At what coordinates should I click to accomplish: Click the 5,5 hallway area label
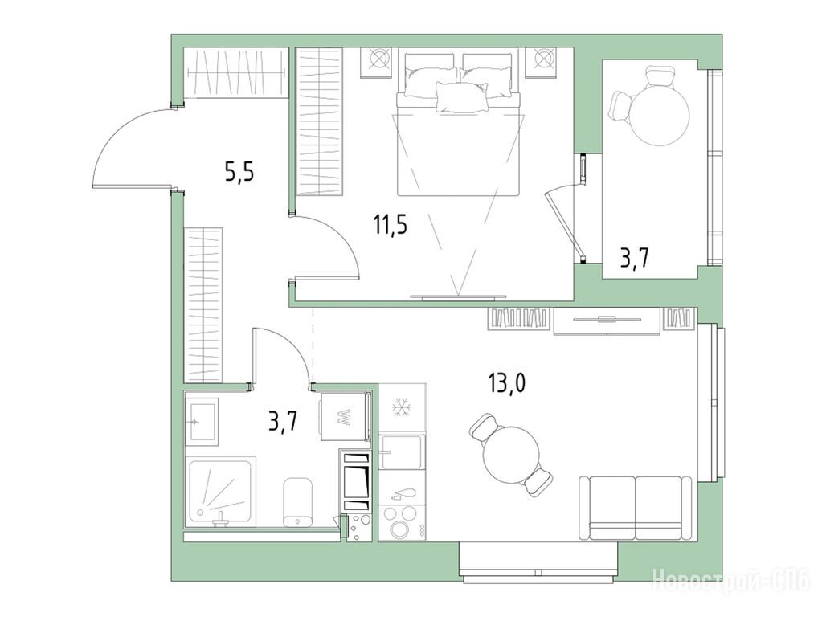coord(239,171)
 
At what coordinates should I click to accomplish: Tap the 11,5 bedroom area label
coord(390,224)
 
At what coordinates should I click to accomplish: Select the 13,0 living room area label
coord(507,383)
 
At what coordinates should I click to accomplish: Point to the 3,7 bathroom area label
coord(283,421)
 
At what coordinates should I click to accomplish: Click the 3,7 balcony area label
coord(635,259)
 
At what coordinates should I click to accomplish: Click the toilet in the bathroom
coord(298,501)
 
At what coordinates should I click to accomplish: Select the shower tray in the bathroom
coord(220,491)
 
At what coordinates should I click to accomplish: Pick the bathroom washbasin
coord(202,421)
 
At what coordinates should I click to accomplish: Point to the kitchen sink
coord(400,452)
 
